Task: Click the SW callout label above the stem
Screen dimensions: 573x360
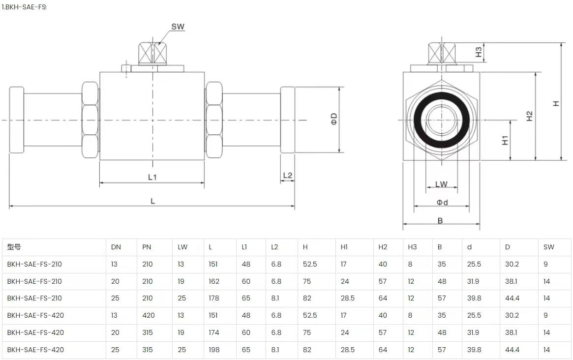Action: click(178, 27)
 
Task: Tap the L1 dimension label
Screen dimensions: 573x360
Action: click(152, 177)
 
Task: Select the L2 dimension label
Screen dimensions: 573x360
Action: click(288, 176)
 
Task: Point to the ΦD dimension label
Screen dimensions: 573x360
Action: click(334, 119)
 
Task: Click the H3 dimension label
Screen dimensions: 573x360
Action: click(479, 52)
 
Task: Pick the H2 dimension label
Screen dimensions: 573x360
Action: click(530, 116)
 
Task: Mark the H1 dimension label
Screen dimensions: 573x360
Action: click(505, 140)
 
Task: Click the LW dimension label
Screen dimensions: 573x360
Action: click(441, 184)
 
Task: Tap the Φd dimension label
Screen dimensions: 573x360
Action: click(442, 203)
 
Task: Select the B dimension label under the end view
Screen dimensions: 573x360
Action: click(440, 221)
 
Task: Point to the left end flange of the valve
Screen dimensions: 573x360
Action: click(16, 120)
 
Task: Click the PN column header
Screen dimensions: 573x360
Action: click(147, 247)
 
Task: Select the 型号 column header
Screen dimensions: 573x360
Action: click(14, 247)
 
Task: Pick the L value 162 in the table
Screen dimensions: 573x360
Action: click(214, 281)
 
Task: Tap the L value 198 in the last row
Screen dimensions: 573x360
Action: click(214, 350)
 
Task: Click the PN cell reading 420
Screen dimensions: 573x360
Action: click(149, 315)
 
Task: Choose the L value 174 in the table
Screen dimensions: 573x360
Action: click(214, 332)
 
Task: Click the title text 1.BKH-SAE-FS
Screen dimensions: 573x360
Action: click(24, 7)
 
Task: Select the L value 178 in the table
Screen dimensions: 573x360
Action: click(214, 298)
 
